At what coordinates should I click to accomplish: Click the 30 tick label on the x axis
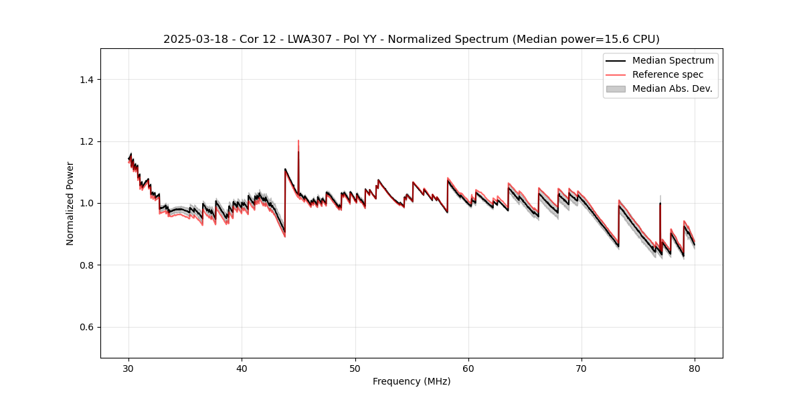[129, 368]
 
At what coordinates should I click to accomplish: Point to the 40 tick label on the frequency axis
[242, 368]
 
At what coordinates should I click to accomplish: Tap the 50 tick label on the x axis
[355, 368]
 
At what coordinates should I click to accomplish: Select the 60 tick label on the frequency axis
[468, 368]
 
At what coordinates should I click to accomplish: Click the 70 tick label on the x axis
[582, 368]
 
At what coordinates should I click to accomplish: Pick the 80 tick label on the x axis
[695, 368]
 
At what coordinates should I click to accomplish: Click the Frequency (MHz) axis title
[412, 381]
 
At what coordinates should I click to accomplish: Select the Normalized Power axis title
[70, 203]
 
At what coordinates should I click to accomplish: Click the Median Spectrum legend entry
[673, 60]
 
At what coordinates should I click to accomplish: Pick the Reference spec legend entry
[667, 74]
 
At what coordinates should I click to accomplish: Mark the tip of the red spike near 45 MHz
[298, 141]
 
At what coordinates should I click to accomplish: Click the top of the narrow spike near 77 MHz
[660, 202]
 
